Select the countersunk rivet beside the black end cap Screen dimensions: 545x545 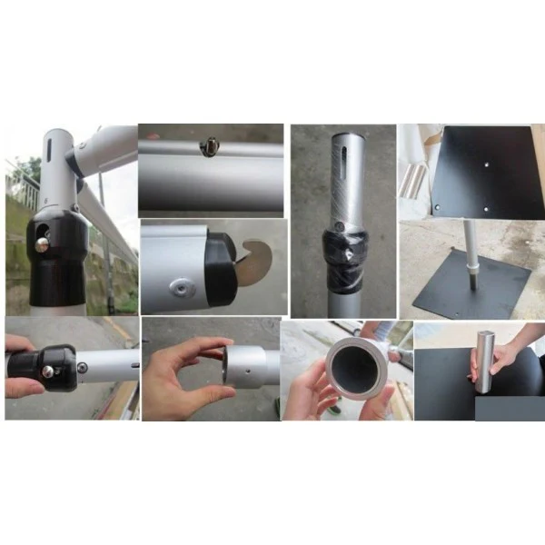click(x=183, y=287)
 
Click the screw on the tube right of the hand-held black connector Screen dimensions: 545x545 click(x=82, y=367)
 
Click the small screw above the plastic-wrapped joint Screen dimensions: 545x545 click(x=340, y=224)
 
